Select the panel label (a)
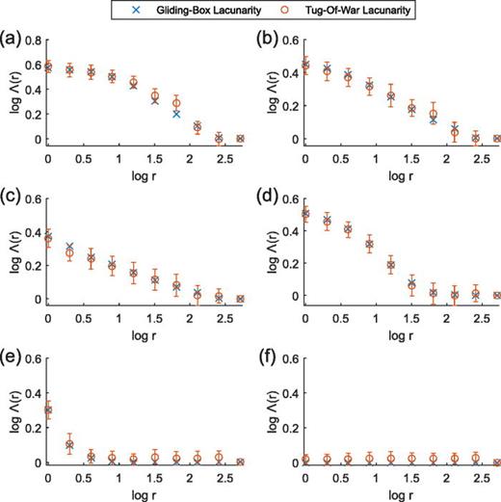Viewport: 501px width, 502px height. click(x=12, y=40)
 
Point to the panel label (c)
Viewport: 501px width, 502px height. click(x=12, y=199)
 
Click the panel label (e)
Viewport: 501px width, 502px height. click(x=12, y=359)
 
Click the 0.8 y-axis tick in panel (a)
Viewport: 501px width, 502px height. click(x=35, y=40)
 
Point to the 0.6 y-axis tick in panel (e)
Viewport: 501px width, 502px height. click(x=35, y=360)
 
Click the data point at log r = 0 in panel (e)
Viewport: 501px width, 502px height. click(x=48, y=410)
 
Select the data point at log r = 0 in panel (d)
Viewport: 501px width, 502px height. click(x=304, y=214)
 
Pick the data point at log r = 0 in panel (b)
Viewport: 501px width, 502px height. click(x=304, y=66)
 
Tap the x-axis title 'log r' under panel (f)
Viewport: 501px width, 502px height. click(x=400, y=491)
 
